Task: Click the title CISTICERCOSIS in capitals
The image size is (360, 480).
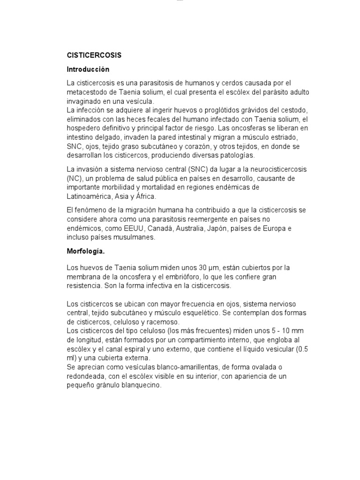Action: pyautogui.click(x=94, y=55)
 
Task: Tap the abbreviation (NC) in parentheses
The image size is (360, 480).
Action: pyautogui.click(x=74, y=178)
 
